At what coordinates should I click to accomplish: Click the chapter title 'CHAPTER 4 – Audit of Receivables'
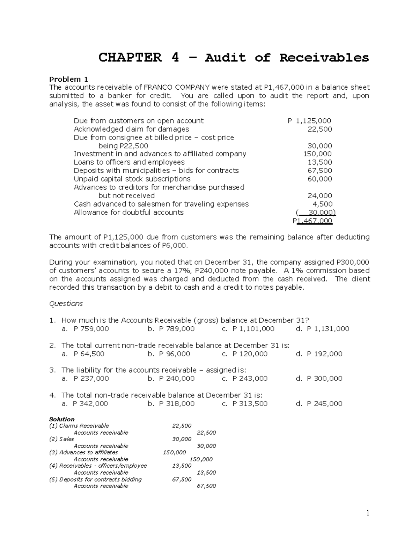(233, 58)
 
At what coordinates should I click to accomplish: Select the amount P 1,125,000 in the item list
(309, 121)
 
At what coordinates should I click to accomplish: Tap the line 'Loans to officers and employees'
(129, 162)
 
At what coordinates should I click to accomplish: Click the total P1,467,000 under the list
(313, 221)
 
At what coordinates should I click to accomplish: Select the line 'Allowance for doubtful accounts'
(128, 213)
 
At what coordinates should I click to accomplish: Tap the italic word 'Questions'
(66, 304)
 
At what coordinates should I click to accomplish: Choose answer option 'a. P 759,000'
(85, 329)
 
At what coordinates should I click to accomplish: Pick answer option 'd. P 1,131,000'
(322, 329)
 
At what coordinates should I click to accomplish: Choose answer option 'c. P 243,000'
(245, 379)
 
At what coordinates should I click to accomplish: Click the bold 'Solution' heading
(62, 419)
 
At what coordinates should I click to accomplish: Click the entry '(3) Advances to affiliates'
(83, 452)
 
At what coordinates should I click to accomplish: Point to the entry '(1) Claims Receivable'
(79, 426)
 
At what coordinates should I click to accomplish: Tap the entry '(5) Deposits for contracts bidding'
(95, 479)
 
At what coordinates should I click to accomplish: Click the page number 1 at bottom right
(368, 513)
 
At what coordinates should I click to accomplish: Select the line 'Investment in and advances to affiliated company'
(160, 154)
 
